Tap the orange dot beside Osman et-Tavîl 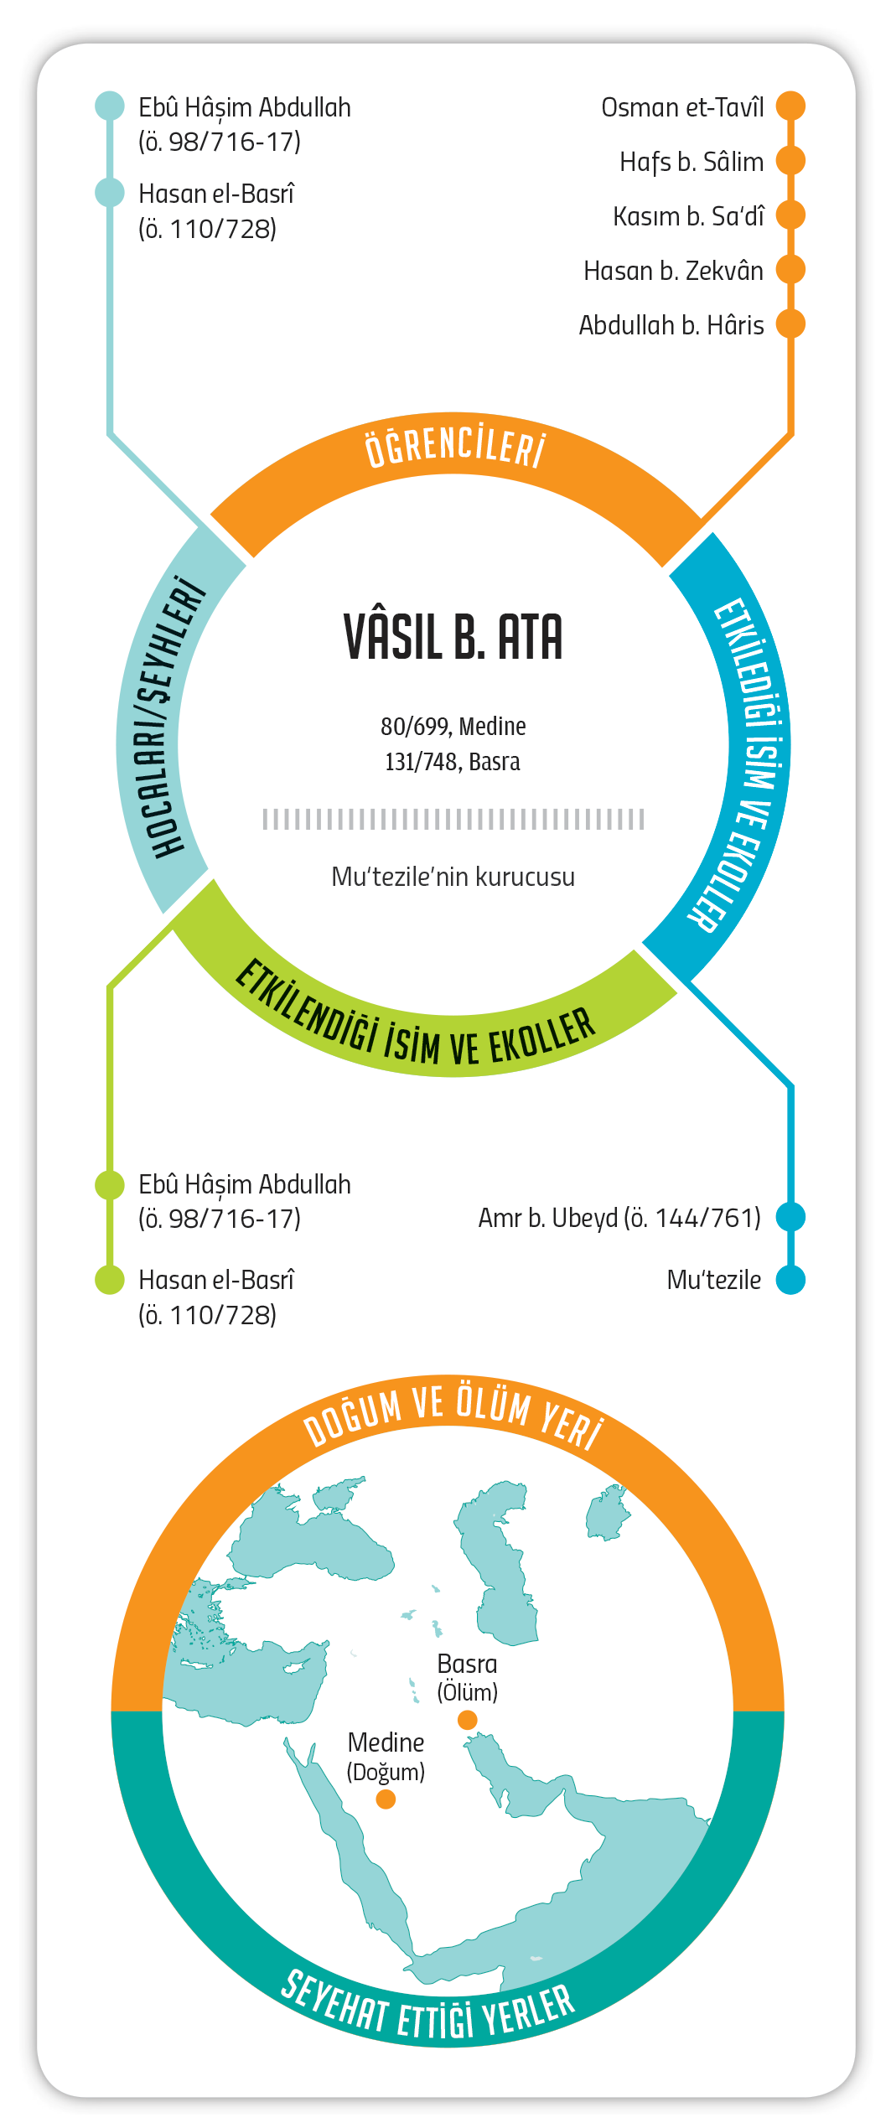790,106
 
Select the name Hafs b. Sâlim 692,161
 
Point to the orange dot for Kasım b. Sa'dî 790,215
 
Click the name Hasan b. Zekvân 673,271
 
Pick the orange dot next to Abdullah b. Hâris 790,324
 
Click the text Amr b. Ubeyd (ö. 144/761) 619,1217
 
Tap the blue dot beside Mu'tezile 790,1280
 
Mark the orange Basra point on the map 468,1721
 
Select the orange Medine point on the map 386,1799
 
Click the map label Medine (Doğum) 386,1757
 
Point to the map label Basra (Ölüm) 467,1677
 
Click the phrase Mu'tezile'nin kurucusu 453,877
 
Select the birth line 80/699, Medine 453,726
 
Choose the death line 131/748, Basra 453,762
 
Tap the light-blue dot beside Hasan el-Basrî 110,193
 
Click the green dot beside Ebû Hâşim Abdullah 110,1184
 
